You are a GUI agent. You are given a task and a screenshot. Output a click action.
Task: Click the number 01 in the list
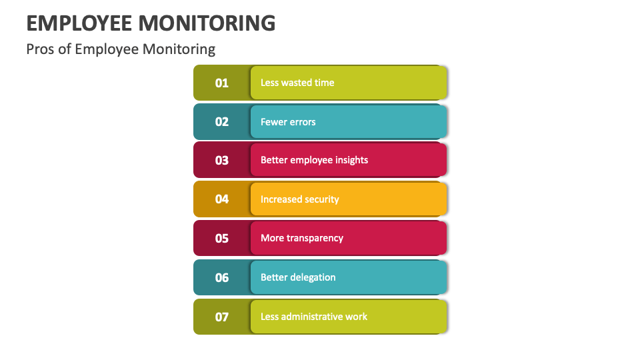[x=221, y=83]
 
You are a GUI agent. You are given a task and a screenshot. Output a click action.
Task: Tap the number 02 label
[x=221, y=122]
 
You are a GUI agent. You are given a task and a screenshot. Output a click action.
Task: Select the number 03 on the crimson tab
[x=221, y=161]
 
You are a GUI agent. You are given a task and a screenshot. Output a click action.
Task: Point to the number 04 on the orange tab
[x=221, y=199]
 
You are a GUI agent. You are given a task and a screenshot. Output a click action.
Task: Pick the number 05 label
[x=221, y=238]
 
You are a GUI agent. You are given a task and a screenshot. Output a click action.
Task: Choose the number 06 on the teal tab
[x=221, y=277]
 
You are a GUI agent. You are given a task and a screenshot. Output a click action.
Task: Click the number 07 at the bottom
[x=221, y=317]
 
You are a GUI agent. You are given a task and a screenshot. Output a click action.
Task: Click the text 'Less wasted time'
[x=297, y=83]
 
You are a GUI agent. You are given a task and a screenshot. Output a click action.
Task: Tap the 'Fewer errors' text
[x=288, y=122]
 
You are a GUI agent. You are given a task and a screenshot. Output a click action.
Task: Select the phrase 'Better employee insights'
[x=314, y=161]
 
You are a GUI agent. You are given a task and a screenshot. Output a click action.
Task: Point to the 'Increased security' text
[x=299, y=199]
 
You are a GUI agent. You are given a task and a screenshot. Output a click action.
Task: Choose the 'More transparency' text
[x=301, y=238]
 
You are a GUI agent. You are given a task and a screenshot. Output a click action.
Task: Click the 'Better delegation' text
[x=298, y=277]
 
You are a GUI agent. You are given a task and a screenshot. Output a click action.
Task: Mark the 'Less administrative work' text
[x=313, y=317]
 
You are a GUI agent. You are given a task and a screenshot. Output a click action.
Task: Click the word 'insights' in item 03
[x=351, y=161]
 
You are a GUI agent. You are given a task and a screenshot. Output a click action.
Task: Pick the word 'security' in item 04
[x=321, y=199]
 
